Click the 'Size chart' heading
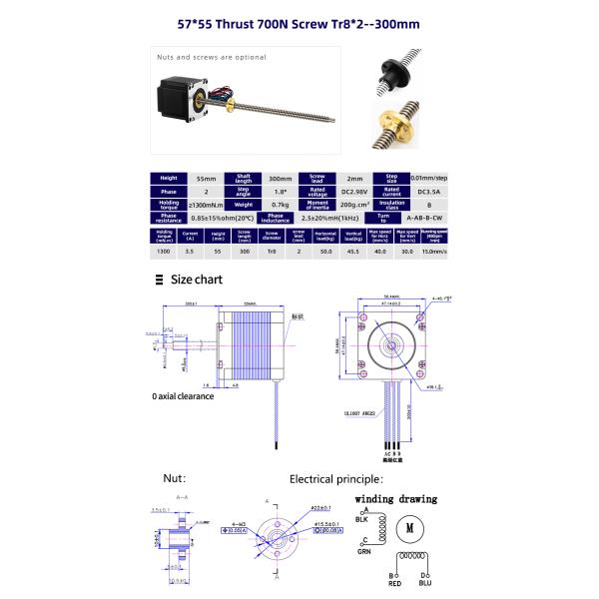(196, 281)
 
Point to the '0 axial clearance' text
(183, 395)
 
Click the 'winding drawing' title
(396, 497)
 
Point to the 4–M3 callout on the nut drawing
(238, 523)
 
